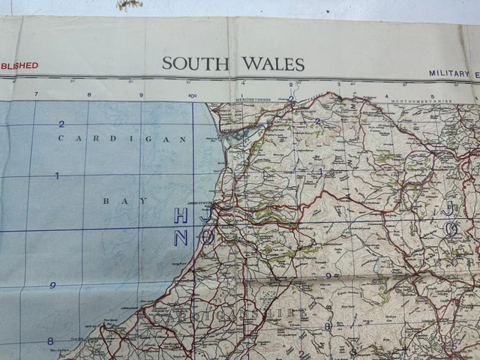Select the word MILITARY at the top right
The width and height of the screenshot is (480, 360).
click(448, 73)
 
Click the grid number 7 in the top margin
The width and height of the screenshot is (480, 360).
click(36, 94)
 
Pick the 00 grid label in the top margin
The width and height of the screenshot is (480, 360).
click(193, 95)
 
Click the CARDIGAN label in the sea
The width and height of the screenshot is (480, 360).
click(121, 139)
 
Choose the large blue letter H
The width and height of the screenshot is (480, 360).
click(181, 216)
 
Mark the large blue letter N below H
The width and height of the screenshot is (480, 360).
click(181, 238)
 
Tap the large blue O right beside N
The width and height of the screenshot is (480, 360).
click(207, 237)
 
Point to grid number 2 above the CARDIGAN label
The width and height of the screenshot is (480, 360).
click(61, 124)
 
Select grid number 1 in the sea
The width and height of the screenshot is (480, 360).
click(57, 175)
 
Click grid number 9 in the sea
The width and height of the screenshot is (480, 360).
click(52, 286)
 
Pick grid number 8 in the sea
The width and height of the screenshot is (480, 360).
click(50, 340)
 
